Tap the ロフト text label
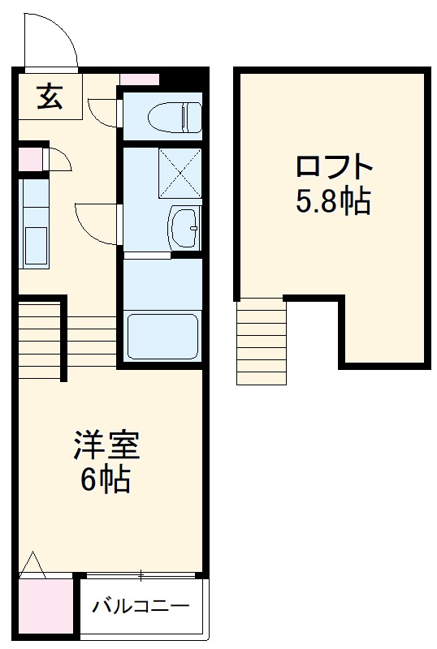pyautogui.click(x=334, y=169)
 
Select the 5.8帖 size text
pyautogui.click(x=332, y=200)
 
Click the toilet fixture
pyautogui.click(x=175, y=117)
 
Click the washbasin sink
pyautogui.click(x=184, y=227)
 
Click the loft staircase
pyautogui.click(x=262, y=341)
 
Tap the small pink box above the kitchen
pyautogui.click(x=28, y=158)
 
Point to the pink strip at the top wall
pyautogui.click(x=139, y=79)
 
